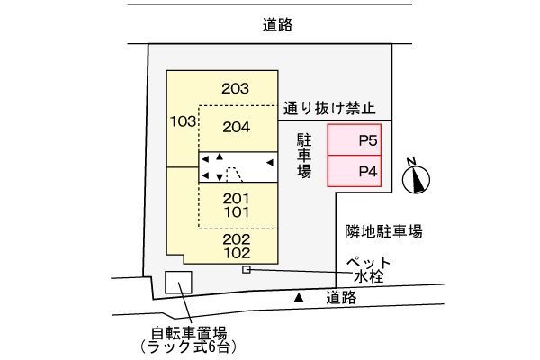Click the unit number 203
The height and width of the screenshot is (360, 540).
[235, 89]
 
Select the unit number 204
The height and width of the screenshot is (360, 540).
[236, 128]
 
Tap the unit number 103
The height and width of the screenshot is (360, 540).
[184, 121]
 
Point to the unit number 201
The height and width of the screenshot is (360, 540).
[236, 199]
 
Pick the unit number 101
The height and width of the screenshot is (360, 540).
[237, 212]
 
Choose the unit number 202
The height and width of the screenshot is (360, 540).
[236, 239]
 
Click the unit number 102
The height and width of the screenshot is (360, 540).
[237, 253]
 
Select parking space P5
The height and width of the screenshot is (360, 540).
[354, 139]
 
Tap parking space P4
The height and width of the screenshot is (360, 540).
[354, 171]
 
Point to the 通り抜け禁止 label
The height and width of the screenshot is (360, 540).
[329, 109]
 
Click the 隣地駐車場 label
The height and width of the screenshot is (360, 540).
[383, 231]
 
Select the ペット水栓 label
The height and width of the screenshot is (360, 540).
[368, 270]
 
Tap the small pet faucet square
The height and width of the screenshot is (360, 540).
[247, 270]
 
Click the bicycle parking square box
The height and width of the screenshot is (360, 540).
[178, 282]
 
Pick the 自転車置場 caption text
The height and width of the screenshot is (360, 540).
[189, 334]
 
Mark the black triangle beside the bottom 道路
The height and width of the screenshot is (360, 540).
[299, 297]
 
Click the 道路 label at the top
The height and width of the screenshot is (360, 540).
[277, 25]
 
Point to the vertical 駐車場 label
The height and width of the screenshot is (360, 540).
[304, 156]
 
